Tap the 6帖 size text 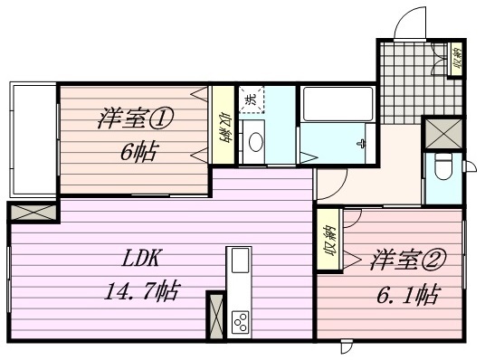click(x=140, y=151)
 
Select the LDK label click(x=140, y=259)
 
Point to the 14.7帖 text click(x=142, y=291)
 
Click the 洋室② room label click(x=408, y=260)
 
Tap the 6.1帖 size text click(x=408, y=295)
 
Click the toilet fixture click(x=443, y=166)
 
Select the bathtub click(x=338, y=104)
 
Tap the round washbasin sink click(x=256, y=142)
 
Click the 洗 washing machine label click(x=252, y=99)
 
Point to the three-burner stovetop click(x=241, y=322)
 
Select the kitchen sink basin click(x=240, y=261)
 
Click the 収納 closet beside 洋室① click(x=223, y=125)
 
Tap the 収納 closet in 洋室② click(x=328, y=240)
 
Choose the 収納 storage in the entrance click(x=455, y=59)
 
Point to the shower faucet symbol click(x=361, y=144)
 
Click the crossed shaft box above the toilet click(x=443, y=134)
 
